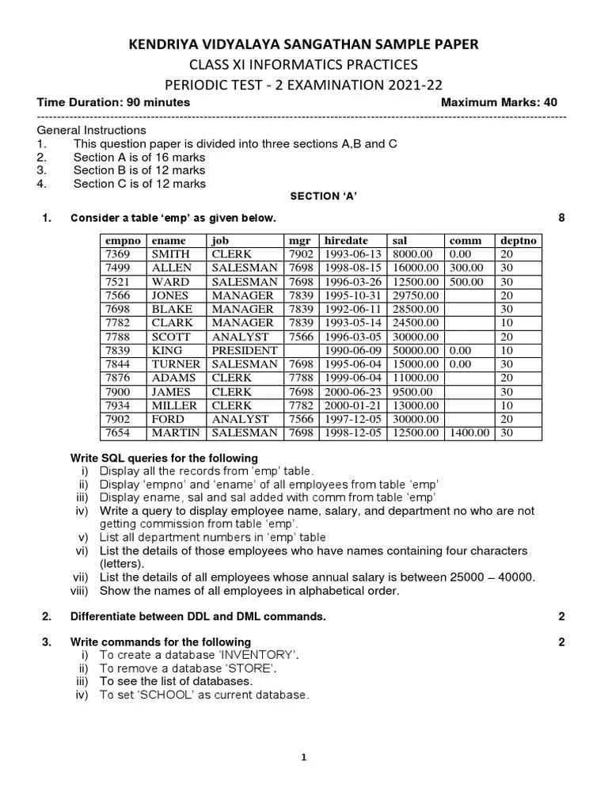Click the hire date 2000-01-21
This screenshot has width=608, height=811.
351,405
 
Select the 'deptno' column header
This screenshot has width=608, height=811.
518,240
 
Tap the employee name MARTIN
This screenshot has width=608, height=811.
175,432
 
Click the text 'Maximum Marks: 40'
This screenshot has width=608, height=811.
499,102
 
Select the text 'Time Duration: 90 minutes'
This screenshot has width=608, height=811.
113,102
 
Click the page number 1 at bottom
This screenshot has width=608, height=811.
303,757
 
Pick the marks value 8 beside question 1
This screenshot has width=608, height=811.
561,218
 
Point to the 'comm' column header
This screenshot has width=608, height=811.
465,240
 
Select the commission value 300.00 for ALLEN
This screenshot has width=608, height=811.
465,268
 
